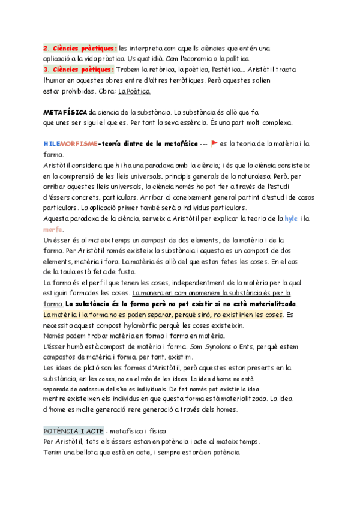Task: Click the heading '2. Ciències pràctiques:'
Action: point(80,47)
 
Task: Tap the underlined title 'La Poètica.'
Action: point(135,92)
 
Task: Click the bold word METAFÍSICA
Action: point(66,112)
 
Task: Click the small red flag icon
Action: point(214,144)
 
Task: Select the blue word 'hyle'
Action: point(290,219)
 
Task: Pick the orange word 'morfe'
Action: point(53,230)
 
